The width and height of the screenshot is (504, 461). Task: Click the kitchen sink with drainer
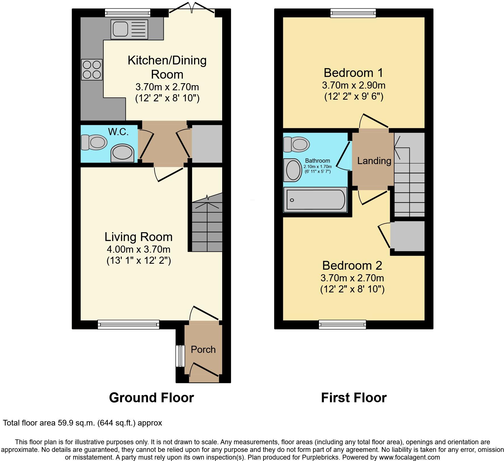129,29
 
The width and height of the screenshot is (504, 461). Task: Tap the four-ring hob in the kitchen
92,70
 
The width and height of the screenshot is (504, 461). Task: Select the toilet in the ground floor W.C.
94,142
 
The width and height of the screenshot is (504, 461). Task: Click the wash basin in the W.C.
122,153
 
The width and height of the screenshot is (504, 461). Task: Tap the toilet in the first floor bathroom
296,144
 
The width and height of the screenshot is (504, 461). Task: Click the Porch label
203,349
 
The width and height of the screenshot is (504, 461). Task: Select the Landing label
374,161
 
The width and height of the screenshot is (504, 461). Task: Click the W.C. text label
118,132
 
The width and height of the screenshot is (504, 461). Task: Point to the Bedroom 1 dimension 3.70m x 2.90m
353,85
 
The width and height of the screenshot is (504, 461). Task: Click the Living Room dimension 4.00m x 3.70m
138,249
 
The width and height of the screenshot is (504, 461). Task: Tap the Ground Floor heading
151,398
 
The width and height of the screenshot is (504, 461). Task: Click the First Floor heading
354,398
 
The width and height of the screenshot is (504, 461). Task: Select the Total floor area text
82,423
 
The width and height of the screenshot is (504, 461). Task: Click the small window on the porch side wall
179,356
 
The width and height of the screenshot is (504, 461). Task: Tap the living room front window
128,324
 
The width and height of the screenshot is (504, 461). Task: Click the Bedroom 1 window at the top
353,13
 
